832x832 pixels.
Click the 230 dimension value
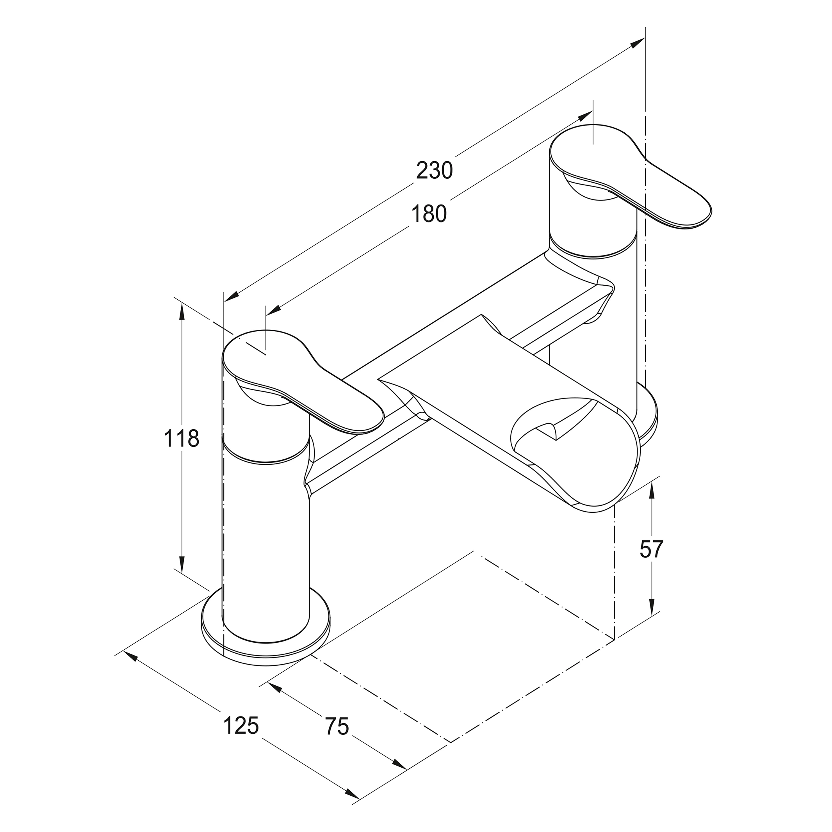coord(434,171)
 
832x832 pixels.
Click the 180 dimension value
coord(428,214)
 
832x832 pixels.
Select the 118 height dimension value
coord(182,439)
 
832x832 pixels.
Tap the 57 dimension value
coord(651,549)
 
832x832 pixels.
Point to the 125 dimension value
coord(241,725)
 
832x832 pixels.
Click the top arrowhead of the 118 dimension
coord(182,310)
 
